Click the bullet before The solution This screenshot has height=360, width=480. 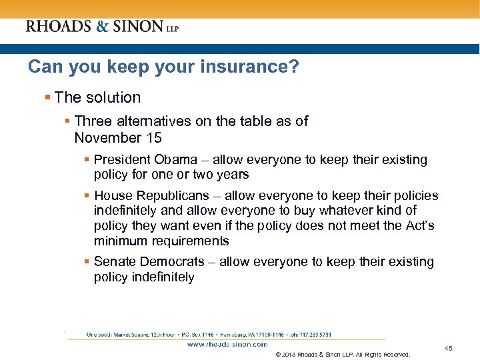pyautogui.click(x=48, y=97)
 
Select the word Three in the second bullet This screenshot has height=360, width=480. pyautogui.click(x=93, y=121)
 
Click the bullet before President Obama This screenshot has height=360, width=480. pyautogui.click(x=87, y=160)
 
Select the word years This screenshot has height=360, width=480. pyautogui.click(x=231, y=175)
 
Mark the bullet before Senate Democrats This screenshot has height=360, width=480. pyautogui.click(x=87, y=262)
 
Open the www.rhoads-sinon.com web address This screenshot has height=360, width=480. pyautogui.click(x=227, y=345)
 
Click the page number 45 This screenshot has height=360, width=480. pyautogui.click(x=448, y=348)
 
